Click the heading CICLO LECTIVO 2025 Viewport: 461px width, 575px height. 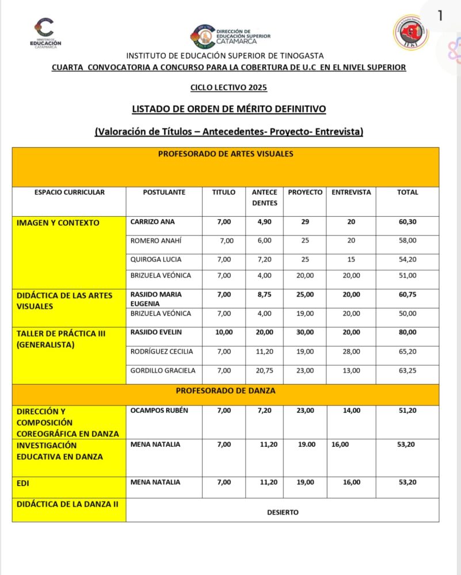[228, 88]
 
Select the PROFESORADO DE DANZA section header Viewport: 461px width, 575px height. [225, 390]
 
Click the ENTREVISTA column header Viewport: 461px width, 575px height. [351, 192]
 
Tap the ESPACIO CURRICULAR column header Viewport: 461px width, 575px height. [69, 192]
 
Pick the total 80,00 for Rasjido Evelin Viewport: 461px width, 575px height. [407, 332]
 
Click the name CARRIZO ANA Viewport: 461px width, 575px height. [153, 222]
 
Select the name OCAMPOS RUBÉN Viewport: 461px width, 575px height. [159, 411]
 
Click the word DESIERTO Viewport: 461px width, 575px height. [283, 512]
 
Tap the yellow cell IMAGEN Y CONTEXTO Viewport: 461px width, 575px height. [58, 223]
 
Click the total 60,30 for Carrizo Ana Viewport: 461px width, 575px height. [407, 222]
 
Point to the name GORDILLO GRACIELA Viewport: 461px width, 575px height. [163, 370]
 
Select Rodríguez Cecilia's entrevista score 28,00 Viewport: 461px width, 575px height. [351, 351]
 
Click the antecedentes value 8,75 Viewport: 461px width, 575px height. [264, 294]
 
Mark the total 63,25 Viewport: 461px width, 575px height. [407, 370]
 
